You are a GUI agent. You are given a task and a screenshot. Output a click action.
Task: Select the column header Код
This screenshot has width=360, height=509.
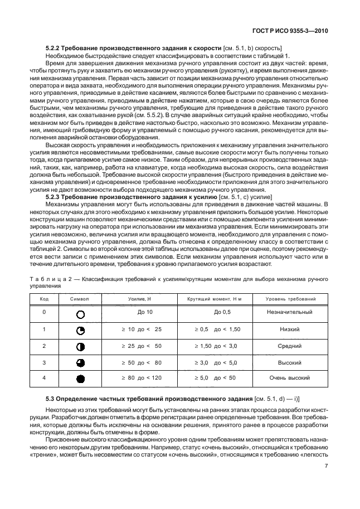[x=44, y=299]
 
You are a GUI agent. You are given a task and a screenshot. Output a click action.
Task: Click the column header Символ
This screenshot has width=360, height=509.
[x=80, y=299]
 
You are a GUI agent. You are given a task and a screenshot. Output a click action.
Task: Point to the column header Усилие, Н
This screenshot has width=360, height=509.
[x=141, y=299]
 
